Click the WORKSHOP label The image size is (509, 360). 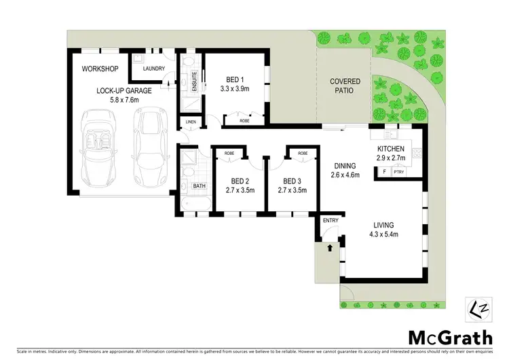pos(100,69)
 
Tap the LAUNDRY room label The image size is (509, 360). pos(153,69)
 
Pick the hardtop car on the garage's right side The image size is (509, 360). pos(149,147)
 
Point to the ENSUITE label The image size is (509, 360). pos(194,82)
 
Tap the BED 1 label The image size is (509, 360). pos(235,79)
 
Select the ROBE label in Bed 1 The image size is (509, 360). pos(244,122)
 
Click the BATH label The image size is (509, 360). pos(199,185)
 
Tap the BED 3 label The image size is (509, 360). pos(292,181)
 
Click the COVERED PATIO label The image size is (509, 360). pos(345,86)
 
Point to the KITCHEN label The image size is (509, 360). pos(390,149)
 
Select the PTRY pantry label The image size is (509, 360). pos(398,173)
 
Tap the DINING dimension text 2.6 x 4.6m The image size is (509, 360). pos(345,175)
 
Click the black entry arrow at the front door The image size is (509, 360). pos(330,247)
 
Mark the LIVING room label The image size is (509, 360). pos(383,226)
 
